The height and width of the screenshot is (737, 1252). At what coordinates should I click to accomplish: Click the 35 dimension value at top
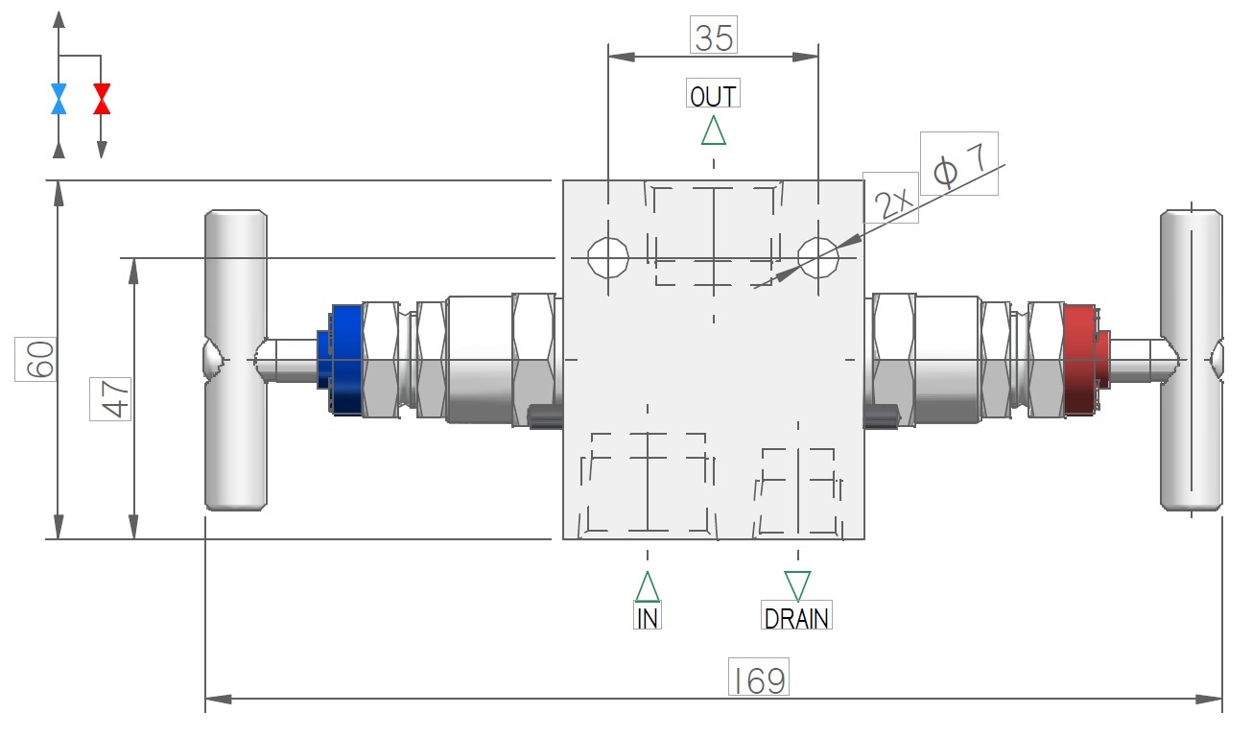coord(714,38)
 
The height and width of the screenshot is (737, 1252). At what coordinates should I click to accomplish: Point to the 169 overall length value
coord(758,678)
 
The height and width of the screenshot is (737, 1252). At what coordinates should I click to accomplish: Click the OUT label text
coord(714,96)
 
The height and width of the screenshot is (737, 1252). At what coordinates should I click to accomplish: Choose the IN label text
coord(648,617)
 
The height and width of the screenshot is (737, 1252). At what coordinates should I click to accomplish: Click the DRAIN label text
coord(796,617)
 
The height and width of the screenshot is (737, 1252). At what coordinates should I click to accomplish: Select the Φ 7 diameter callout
coord(958,165)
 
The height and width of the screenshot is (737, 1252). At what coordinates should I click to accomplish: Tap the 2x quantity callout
coord(891,200)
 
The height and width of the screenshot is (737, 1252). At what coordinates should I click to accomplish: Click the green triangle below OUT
coord(714,131)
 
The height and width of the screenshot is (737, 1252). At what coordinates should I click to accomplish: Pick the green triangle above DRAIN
coord(797,583)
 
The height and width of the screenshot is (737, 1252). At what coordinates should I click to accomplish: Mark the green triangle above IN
coord(648,585)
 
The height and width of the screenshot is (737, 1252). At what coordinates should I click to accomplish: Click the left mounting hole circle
coord(608,256)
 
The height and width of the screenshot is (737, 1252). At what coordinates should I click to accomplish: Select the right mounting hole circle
coord(818,256)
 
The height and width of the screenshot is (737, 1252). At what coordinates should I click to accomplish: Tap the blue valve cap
coord(347,360)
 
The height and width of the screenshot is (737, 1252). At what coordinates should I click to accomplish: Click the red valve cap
coord(1081,360)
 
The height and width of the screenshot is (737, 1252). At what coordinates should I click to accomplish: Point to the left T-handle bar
coord(235,360)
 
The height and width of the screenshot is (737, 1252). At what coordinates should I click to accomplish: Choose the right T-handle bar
coord(1191,360)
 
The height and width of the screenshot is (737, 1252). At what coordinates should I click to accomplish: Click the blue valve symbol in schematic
coord(59,99)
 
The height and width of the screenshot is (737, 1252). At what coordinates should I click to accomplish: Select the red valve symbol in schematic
coord(102,99)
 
